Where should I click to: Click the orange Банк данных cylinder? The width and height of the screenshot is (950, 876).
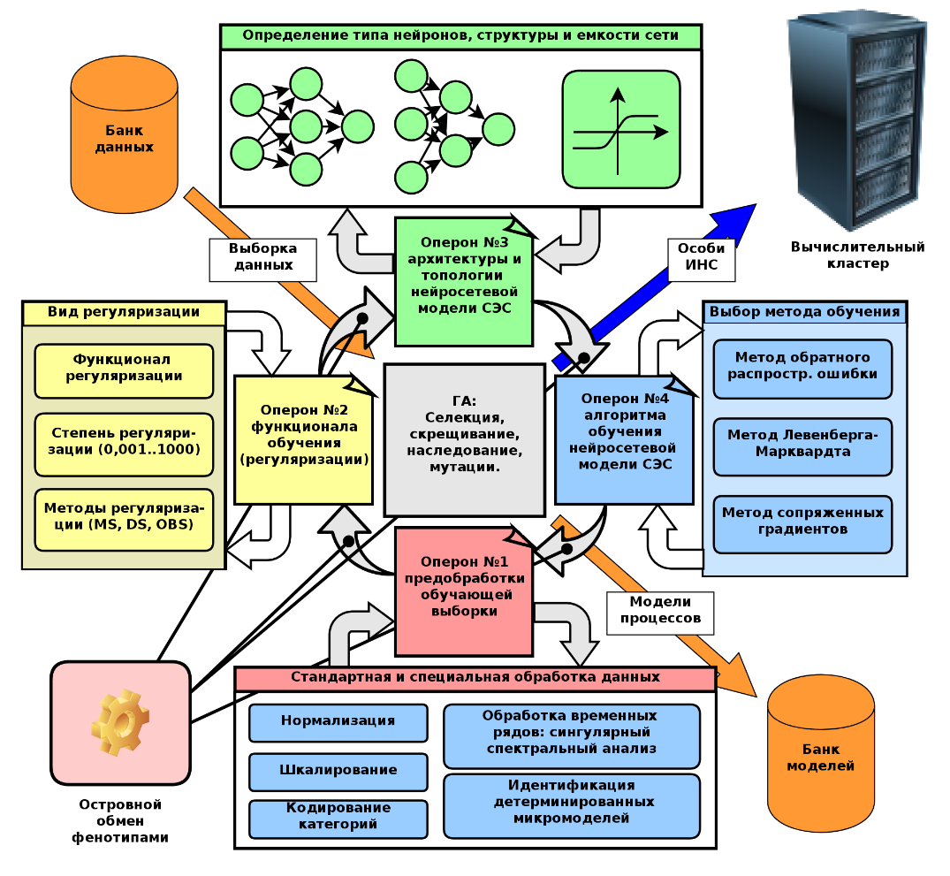124,133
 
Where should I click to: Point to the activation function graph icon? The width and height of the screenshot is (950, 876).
621,129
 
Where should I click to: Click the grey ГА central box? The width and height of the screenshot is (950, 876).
464,439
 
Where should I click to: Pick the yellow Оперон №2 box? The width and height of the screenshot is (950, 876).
303,439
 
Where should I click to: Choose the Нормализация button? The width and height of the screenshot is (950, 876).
338,721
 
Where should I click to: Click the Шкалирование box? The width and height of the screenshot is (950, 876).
338,771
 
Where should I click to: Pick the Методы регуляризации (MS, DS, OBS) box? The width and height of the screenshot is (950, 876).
124,519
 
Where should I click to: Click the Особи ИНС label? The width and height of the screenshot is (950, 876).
702,256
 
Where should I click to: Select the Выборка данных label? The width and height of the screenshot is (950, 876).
264,258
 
